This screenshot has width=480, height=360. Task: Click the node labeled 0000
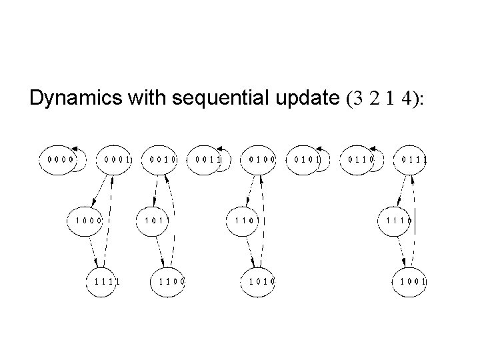(57, 160)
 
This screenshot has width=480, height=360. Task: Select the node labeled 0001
(115, 160)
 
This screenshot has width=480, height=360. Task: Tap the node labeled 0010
(162, 160)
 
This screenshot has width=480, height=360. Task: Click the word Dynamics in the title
(75, 99)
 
